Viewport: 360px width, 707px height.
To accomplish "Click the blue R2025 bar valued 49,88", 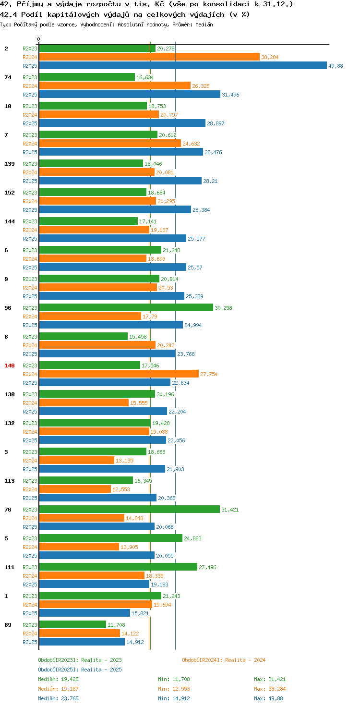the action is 183,66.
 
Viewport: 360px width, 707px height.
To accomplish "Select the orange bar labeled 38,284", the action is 149,57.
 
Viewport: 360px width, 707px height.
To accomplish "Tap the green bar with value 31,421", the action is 130,510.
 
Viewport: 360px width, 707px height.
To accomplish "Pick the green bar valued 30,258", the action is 126,308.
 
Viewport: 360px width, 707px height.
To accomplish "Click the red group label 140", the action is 10,366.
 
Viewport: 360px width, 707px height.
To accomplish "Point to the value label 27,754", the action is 209,374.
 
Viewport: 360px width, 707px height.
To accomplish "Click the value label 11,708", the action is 117,625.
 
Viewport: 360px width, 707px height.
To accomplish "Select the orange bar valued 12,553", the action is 75,489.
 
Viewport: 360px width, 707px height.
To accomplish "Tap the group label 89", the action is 8,625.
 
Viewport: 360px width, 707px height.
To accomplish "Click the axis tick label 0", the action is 38,39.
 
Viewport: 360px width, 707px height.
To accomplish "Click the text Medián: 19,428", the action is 59,679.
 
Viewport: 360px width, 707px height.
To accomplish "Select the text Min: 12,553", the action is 174,689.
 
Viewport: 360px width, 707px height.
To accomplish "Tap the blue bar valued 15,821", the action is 84,613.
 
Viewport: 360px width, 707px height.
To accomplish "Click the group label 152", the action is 10,193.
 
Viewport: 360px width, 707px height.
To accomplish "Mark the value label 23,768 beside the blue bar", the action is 186,354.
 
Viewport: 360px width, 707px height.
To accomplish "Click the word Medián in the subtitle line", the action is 204,24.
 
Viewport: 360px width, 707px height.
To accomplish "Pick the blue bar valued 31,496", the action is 130,94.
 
